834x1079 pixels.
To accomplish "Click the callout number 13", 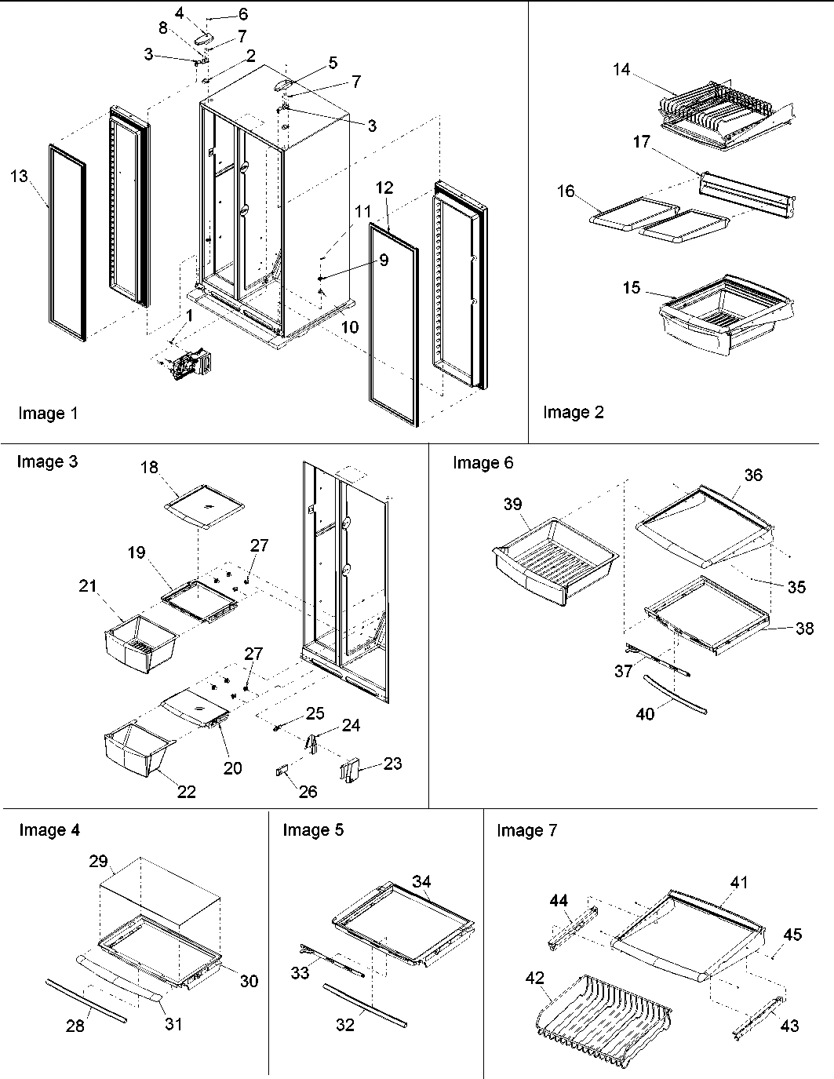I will [x=19, y=176].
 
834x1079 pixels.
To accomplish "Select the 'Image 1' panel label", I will [x=48, y=414].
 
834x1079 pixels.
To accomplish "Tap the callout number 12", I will [x=384, y=188].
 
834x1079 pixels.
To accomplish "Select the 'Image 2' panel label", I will [x=574, y=413].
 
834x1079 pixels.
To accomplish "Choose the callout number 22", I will [x=186, y=791].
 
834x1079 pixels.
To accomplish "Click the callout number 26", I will [x=308, y=792].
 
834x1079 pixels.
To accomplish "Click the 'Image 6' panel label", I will [x=483, y=463].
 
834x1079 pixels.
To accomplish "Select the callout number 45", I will [x=792, y=934].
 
